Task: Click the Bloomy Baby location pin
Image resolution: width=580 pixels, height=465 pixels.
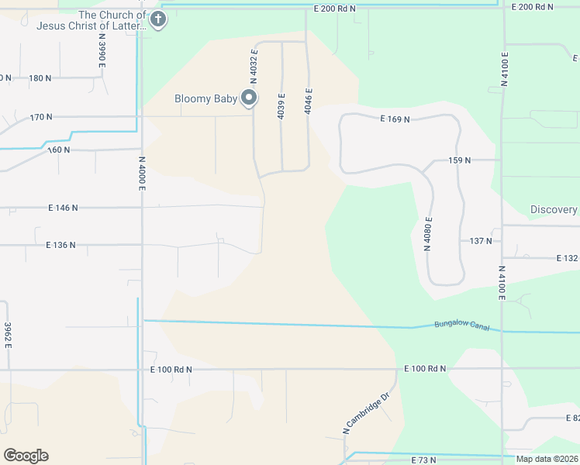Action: [249, 98]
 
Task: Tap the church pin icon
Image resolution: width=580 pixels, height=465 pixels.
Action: [158, 19]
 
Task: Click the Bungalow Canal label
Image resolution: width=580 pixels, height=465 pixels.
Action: [461, 325]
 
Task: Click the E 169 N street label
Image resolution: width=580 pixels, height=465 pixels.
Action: [395, 119]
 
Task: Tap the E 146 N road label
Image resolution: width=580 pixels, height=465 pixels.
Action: [64, 208]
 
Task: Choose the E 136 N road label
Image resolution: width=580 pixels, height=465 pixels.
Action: [60, 245]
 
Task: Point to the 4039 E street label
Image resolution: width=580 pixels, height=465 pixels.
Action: [281, 106]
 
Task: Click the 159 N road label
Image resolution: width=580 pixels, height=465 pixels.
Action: [459, 160]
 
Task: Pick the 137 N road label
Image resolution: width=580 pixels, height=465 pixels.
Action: [481, 241]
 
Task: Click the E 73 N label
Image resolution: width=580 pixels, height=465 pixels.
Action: [423, 460]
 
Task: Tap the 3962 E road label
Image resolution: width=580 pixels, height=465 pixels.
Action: [7, 336]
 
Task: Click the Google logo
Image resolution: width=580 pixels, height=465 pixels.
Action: [26, 456]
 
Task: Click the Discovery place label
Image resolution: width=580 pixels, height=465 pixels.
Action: [554, 210]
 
